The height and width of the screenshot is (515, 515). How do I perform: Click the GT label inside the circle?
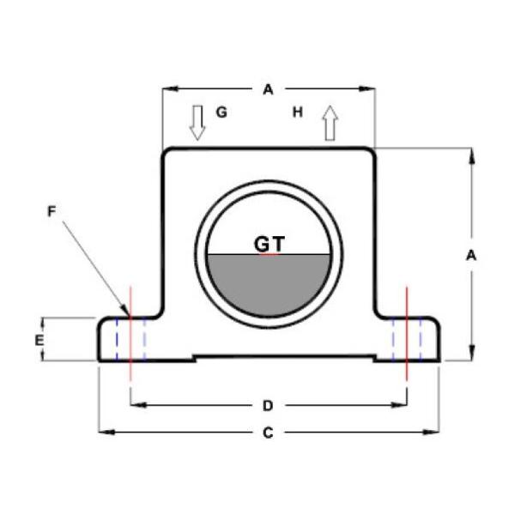269,244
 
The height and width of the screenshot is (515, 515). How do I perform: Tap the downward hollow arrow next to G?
198,123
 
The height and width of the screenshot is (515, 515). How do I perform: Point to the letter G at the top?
221,112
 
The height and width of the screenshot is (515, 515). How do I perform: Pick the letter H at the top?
298,112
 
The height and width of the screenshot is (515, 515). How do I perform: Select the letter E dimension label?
39,340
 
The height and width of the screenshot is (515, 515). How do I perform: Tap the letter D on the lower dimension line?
268,404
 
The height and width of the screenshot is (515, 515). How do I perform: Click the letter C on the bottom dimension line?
268,433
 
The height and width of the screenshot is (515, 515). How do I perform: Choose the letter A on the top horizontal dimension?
268,88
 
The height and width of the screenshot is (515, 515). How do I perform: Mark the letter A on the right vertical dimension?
470,255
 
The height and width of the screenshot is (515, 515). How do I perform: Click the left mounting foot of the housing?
120,339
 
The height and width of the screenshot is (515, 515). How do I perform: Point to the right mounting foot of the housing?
416,339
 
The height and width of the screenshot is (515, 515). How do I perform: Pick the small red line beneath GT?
269,255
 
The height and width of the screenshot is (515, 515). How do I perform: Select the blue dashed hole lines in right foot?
407,339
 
